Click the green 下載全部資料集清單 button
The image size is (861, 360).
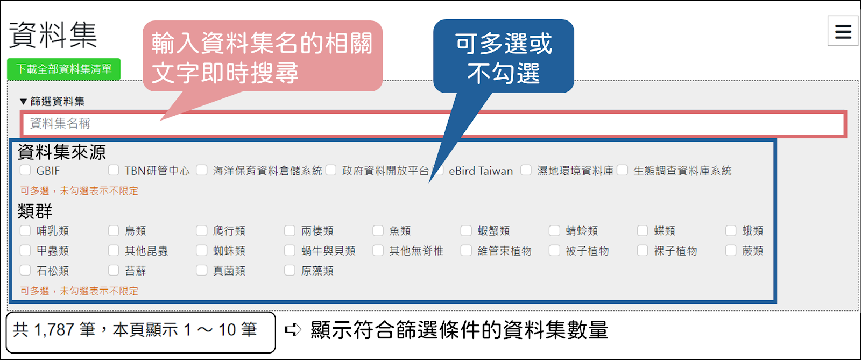tap(64, 69)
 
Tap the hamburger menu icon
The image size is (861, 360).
tap(843, 31)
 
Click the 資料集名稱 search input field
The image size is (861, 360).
tap(433, 123)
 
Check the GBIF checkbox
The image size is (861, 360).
tap(25, 170)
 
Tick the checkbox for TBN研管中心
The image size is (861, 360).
tap(114, 170)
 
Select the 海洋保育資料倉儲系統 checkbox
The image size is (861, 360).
tap(202, 170)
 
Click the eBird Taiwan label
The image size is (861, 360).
tap(481, 171)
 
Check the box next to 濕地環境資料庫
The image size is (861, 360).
tap(526, 170)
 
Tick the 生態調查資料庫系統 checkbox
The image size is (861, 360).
tap(622, 170)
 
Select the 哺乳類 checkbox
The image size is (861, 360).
tap(25, 230)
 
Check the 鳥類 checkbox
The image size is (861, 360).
tap(114, 230)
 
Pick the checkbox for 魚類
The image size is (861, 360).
tap(378, 230)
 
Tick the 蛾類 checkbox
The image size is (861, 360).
tap(731, 230)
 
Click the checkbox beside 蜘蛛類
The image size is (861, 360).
tap(202, 251)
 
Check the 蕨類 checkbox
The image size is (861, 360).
tap(731, 251)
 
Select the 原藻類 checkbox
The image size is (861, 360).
tap(290, 271)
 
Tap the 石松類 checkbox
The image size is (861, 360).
tap(25, 271)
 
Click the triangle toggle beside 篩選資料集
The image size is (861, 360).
tap(24, 102)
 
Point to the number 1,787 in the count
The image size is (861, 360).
tap(54, 330)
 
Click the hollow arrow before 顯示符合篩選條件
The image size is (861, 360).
tap(293, 330)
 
